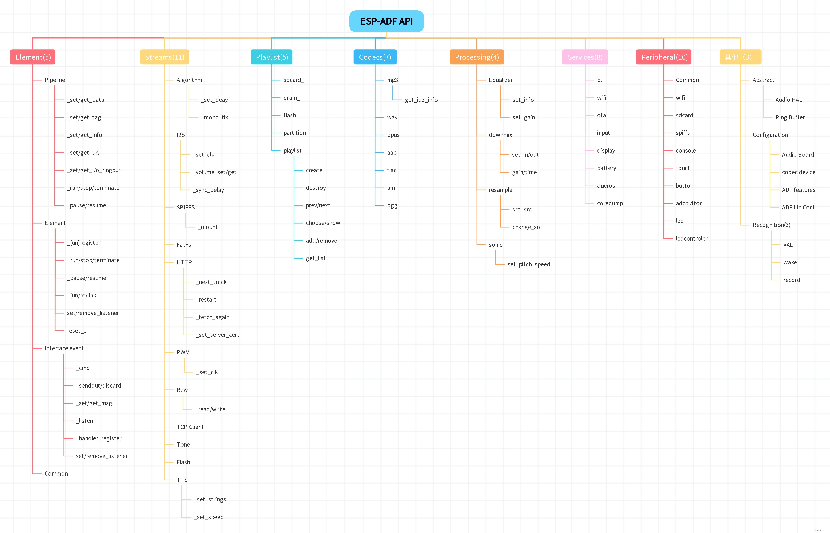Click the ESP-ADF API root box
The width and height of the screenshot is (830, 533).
pyautogui.click(x=386, y=21)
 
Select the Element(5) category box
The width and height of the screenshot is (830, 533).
pyautogui.click(x=33, y=57)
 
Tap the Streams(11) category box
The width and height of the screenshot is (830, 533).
pyautogui.click(x=164, y=57)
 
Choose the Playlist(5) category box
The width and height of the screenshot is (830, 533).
pyautogui.click(x=272, y=57)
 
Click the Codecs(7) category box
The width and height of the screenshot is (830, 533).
pyautogui.click(x=375, y=57)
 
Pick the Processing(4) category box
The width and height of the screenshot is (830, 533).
pyautogui.click(x=477, y=57)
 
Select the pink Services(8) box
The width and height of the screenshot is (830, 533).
pyautogui.click(x=585, y=57)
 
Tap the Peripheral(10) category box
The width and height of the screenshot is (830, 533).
pyautogui.click(x=664, y=57)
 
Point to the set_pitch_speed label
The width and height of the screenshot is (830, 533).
pyautogui.click(x=528, y=264)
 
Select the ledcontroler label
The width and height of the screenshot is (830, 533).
pyautogui.click(x=691, y=238)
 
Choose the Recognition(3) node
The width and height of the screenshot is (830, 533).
pyautogui.click(x=771, y=225)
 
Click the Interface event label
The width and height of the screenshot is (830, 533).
pyautogui.click(x=64, y=348)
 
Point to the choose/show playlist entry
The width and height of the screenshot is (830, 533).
pyautogui.click(x=323, y=223)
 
